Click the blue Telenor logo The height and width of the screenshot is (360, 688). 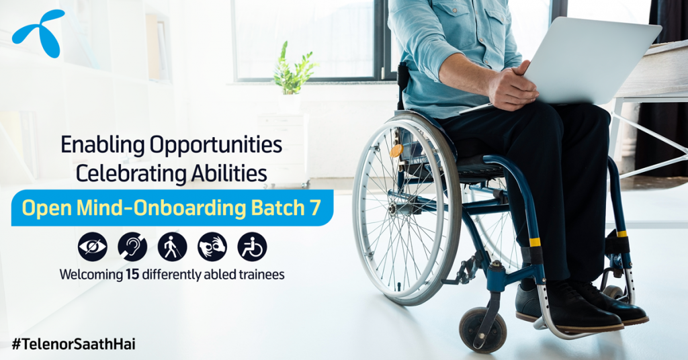click(x=38, y=34)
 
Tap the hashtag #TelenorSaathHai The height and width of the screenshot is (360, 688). click(x=73, y=344)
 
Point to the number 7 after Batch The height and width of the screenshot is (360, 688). click(x=316, y=208)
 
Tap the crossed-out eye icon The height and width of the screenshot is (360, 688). click(x=93, y=247)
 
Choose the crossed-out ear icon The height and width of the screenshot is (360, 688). click(x=132, y=247)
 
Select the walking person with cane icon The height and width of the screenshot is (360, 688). click(x=173, y=247)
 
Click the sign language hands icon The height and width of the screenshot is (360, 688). click(x=212, y=247)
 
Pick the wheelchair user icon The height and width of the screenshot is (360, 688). click(x=253, y=247)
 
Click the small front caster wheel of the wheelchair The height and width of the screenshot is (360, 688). click(x=482, y=329)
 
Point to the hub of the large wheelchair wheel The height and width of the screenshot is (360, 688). click(x=392, y=208)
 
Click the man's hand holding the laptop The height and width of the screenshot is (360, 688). click(x=513, y=85)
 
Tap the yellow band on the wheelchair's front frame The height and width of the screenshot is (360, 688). click(x=535, y=242)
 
